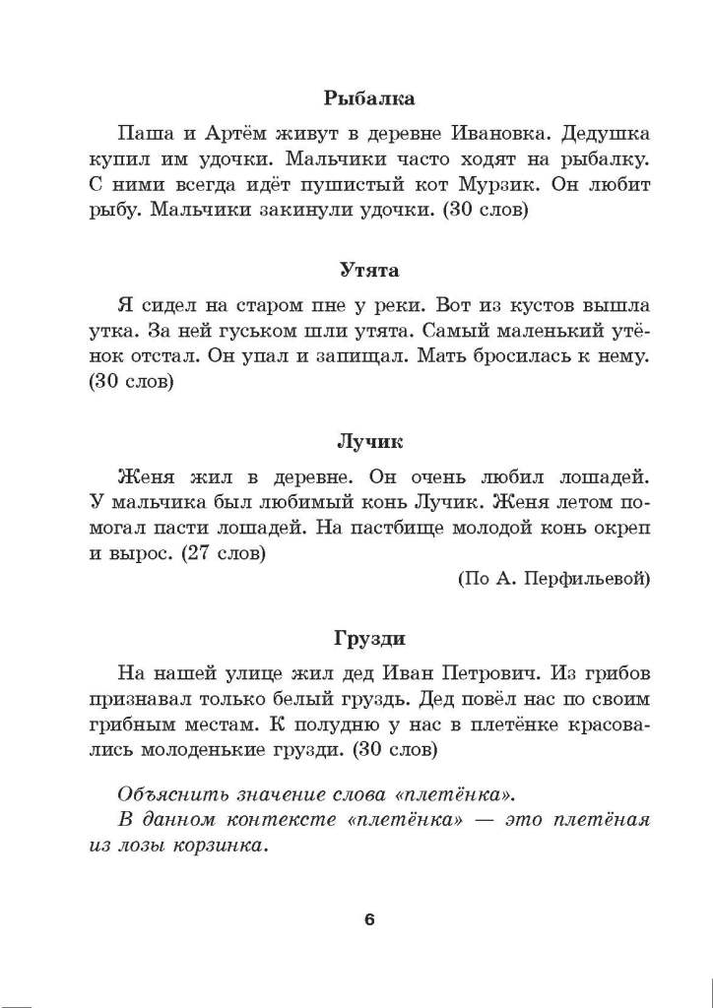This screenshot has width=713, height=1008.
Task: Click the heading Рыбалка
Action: tap(369, 98)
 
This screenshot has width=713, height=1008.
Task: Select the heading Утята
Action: tap(369, 270)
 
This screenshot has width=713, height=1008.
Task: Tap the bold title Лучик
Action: tap(369, 442)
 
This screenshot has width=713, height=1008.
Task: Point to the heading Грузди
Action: tap(369, 639)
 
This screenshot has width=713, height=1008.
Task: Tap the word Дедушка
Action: tap(601, 132)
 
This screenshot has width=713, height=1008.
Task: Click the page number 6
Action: tap(369, 920)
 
